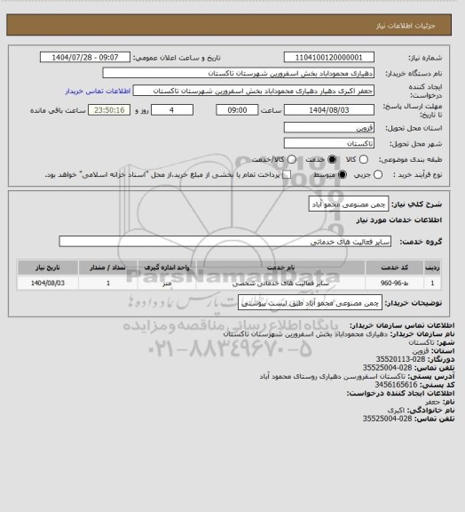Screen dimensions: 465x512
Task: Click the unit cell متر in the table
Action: click(x=167, y=283)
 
